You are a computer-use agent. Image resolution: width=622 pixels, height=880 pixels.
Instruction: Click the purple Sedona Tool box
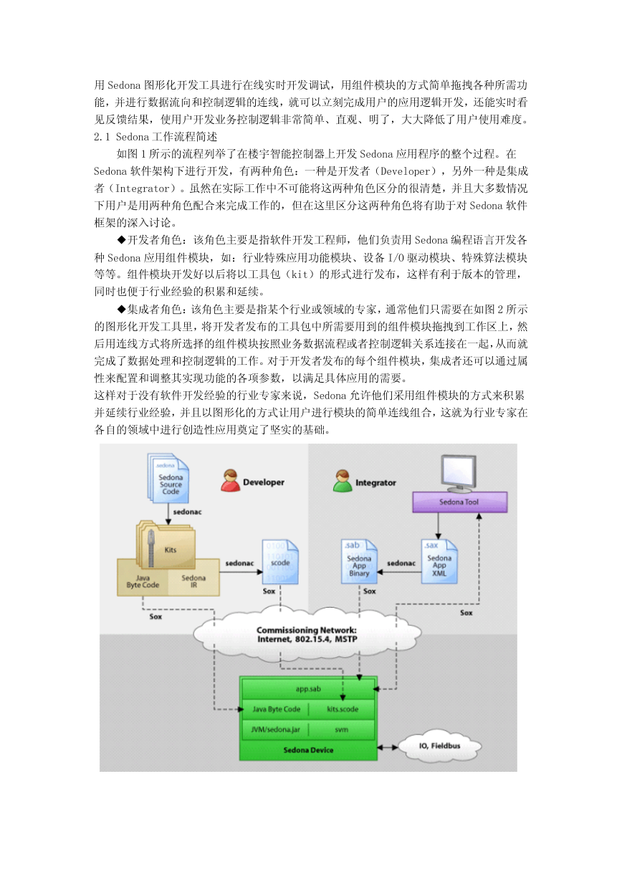pyautogui.click(x=459, y=502)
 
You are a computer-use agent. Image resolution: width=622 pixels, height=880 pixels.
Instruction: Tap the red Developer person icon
pyautogui.click(x=230, y=480)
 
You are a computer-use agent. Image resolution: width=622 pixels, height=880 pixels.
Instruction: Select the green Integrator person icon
pyautogui.click(x=343, y=480)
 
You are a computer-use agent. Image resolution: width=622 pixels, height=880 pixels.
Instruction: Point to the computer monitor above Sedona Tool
pyautogui.click(x=458, y=474)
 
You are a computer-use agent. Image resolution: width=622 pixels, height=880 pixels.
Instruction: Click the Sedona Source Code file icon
pyautogui.click(x=168, y=478)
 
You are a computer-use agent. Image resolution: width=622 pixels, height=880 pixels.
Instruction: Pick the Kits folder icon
pyautogui.click(x=166, y=545)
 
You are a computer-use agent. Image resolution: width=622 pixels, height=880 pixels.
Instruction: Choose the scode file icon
pyautogui.click(x=280, y=562)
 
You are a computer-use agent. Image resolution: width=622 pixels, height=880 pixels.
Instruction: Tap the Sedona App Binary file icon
pyautogui.click(x=359, y=562)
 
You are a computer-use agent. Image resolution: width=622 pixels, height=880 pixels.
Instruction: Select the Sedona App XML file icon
pyautogui.click(x=439, y=562)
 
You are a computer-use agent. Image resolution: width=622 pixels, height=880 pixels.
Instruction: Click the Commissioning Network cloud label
pyautogui.click(x=307, y=634)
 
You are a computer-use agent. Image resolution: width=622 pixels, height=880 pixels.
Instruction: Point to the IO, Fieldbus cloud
pyautogui.click(x=440, y=746)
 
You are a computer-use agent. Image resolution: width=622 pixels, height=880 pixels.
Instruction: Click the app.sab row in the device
pyautogui.click(x=308, y=689)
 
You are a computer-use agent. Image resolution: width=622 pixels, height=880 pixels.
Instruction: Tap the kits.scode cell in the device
pyautogui.click(x=343, y=709)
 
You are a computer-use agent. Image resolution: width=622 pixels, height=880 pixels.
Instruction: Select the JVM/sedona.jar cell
pyautogui.click(x=275, y=730)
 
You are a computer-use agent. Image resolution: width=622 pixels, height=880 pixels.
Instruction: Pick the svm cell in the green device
pyautogui.click(x=341, y=730)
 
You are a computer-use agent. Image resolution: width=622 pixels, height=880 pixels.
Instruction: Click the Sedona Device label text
pyautogui.click(x=308, y=750)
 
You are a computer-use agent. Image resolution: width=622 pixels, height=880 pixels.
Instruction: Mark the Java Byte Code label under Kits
pyautogui.click(x=143, y=581)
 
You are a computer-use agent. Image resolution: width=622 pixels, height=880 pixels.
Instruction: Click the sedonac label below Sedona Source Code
pyautogui.click(x=188, y=512)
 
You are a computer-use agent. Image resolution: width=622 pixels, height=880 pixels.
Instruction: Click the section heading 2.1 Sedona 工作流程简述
pyautogui.click(x=155, y=137)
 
